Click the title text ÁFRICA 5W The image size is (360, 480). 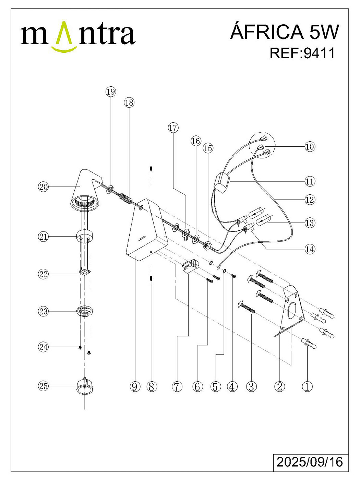click(x=284, y=32)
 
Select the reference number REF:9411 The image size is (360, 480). click(x=302, y=53)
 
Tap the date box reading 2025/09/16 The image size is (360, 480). click(x=310, y=461)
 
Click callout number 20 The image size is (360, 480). click(x=44, y=187)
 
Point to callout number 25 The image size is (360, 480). click(x=44, y=386)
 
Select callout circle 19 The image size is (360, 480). click(x=111, y=92)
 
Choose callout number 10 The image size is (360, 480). click(x=310, y=147)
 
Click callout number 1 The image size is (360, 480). click(x=307, y=387)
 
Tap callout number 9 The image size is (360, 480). click(x=135, y=387)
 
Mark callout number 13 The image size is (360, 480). click(x=310, y=223)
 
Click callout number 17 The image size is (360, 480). click(x=173, y=128)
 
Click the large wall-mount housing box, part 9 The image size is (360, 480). click(x=146, y=233)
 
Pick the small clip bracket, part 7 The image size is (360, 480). click(x=190, y=266)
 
